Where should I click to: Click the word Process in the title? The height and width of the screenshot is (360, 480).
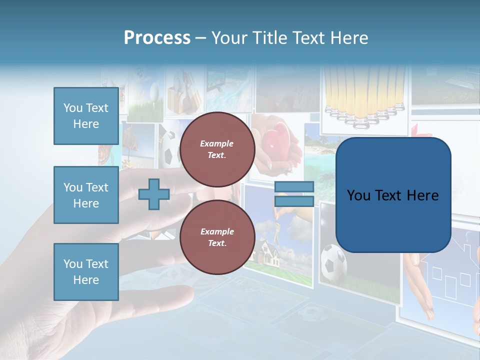(x=157, y=38)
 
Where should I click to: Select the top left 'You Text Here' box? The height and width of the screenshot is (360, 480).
(x=86, y=116)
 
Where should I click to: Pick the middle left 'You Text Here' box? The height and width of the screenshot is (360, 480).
(x=86, y=195)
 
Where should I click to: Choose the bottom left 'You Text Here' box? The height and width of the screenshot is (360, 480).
(x=86, y=272)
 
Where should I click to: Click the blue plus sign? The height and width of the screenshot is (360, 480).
(x=154, y=194)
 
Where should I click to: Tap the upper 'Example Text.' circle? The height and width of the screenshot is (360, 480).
(x=217, y=149)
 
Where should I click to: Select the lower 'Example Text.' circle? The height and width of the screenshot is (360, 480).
(x=217, y=237)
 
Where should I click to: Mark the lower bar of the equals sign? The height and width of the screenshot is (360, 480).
(x=294, y=201)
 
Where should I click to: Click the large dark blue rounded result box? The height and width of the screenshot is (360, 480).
(x=393, y=195)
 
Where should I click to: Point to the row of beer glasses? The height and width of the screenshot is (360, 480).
(x=363, y=95)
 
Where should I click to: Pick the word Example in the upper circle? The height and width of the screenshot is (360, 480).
(x=217, y=143)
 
